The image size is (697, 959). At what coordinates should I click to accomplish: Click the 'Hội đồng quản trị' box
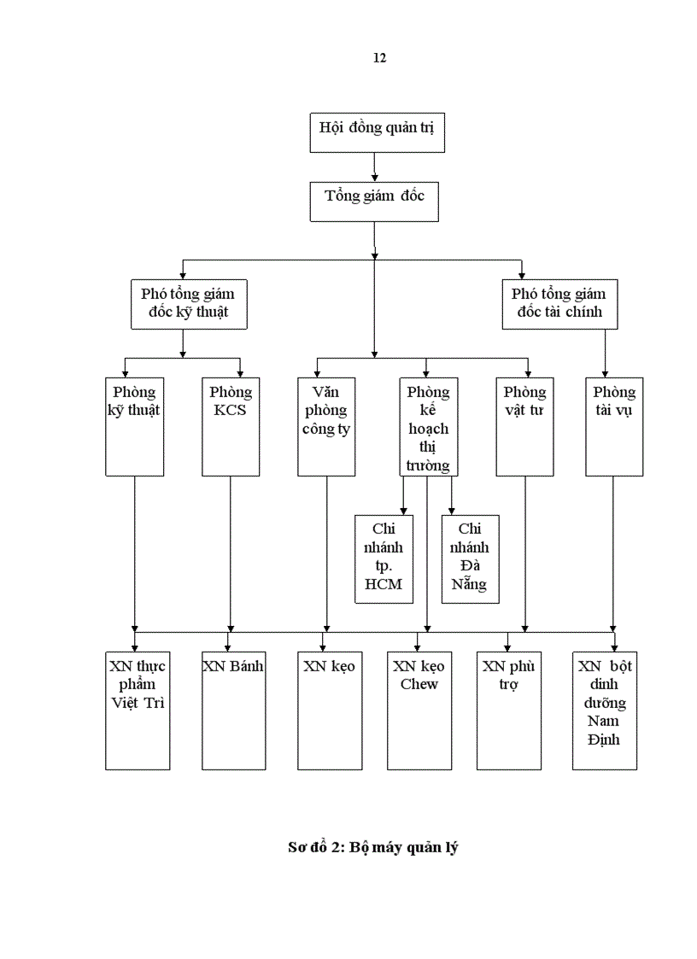click(377, 132)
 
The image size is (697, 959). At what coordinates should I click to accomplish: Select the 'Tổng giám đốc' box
click(374, 202)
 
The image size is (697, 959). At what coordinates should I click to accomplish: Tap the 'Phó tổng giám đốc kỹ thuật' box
click(189, 303)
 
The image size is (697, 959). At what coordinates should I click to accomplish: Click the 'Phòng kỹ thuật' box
click(134, 426)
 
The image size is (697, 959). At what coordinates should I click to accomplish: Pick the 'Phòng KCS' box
click(231, 426)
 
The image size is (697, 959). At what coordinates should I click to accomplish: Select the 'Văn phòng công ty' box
click(326, 426)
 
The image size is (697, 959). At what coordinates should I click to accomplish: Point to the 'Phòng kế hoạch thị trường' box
click(428, 426)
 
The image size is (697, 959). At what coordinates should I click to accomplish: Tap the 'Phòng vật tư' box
click(524, 426)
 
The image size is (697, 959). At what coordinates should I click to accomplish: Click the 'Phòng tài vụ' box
click(614, 426)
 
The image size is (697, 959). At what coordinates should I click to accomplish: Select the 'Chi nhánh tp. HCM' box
click(384, 558)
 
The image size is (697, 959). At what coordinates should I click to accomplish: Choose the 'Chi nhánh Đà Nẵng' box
click(470, 558)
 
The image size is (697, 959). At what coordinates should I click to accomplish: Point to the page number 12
click(379, 58)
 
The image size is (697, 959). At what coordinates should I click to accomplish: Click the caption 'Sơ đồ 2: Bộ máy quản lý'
click(372, 848)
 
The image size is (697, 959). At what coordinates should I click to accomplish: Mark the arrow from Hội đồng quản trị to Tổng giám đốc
click(374, 167)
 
